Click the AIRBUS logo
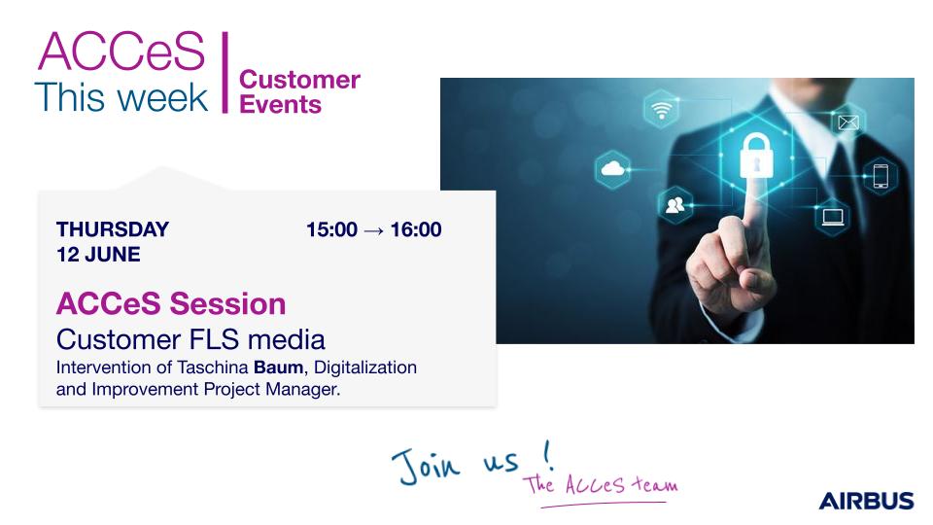pos(866,501)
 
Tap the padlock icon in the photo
pos(756,156)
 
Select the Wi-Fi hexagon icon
pos(661,109)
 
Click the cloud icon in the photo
pos(613,169)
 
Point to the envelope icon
pos(847,122)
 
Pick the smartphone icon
pos(881,176)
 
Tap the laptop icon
pos(833,217)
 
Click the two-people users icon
pos(675,205)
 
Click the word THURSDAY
pos(113,229)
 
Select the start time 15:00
pos(332,229)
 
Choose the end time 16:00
pos(416,229)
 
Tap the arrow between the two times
pos(373,230)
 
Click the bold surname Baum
pos(279,367)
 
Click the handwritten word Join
pos(426,466)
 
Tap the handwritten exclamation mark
pos(548,455)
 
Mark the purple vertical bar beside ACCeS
pos(225,73)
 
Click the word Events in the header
pos(280,105)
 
